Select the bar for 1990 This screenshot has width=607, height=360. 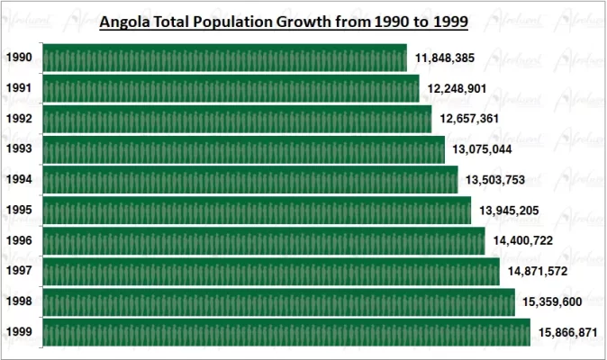tap(224, 58)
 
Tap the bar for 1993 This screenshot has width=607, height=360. tap(243, 149)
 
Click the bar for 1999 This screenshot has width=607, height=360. tap(286, 332)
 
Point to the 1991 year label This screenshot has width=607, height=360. tap(19, 89)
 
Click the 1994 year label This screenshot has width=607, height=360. tap(19, 180)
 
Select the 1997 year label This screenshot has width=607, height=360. tap(19, 272)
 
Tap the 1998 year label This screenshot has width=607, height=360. tap(19, 302)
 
